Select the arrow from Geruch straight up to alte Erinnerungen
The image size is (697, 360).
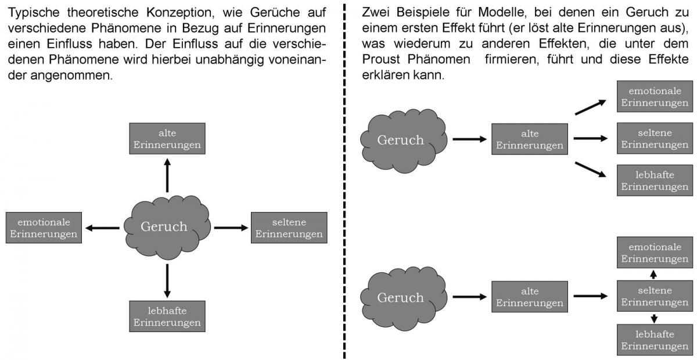(x=167, y=175)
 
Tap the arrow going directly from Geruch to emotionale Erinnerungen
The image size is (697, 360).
(x=103, y=228)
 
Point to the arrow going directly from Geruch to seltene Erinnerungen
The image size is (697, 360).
(x=231, y=228)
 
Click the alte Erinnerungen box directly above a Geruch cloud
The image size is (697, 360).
(x=167, y=139)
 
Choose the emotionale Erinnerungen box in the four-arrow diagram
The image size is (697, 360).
(x=44, y=228)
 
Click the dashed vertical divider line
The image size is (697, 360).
(x=344, y=180)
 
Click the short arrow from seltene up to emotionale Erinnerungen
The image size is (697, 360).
(x=654, y=274)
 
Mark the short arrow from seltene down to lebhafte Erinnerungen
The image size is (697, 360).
(x=654, y=318)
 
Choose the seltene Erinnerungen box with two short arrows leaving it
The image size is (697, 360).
(x=655, y=296)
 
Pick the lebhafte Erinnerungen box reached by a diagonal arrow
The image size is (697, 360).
(x=655, y=180)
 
